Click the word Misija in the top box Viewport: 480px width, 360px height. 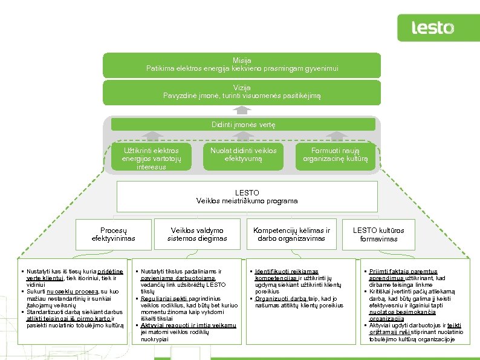[242, 60]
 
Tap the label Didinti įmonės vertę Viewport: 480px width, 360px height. [243, 125]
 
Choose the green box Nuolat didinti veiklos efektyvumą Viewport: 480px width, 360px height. [243, 154]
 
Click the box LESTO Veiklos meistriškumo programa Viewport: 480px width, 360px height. [247, 197]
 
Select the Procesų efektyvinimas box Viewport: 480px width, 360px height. [113, 234]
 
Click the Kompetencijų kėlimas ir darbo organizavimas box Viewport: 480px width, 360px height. [291, 234]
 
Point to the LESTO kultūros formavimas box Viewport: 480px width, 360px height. [378, 234]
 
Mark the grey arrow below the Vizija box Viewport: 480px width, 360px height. [242, 110]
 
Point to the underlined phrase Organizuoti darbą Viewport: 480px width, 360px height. [281, 298]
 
